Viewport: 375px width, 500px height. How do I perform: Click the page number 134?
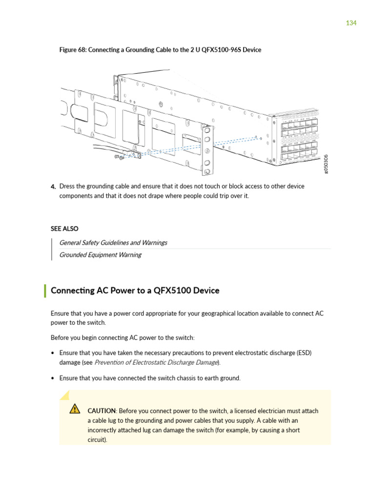tap(351, 23)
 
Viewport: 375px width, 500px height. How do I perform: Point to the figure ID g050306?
tap(326, 163)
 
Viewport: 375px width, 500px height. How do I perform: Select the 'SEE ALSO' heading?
tap(64, 229)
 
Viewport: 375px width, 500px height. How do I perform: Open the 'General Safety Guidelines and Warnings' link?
tap(113, 243)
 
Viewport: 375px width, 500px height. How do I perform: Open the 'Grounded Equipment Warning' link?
tap(100, 255)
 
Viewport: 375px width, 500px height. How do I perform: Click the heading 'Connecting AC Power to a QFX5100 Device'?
tap(135, 291)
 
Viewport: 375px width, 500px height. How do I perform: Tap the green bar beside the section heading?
tap(45, 291)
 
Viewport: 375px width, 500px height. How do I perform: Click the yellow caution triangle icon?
tap(75, 409)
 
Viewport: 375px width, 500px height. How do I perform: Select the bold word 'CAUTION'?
tap(102, 411)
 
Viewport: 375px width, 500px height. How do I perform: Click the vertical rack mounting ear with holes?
tap(207, 150)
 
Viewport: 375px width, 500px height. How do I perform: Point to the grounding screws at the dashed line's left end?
tap(117, 157)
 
